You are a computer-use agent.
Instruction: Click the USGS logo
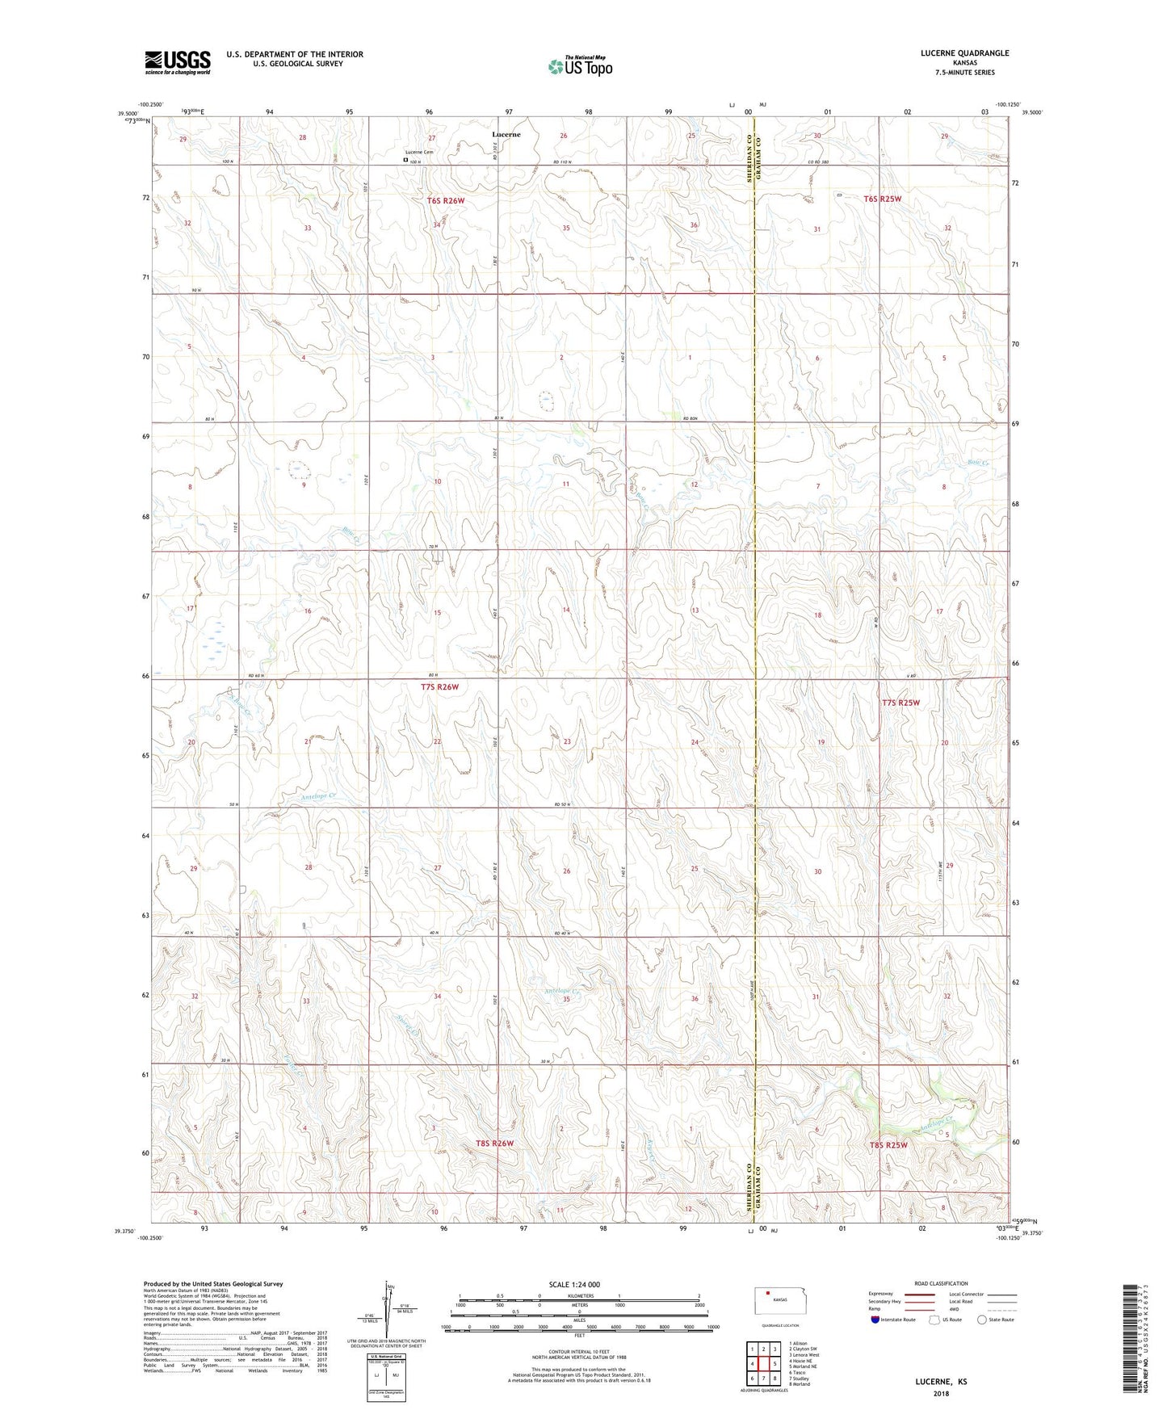tap(178, 62)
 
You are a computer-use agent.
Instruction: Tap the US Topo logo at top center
tap(579, 66)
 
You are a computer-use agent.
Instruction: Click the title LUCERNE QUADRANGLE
tap(964, 53)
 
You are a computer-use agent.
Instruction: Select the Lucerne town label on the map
tap(506, 134)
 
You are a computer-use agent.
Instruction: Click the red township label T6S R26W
tap(446, 200)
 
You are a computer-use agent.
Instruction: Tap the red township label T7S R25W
tap(900, 703)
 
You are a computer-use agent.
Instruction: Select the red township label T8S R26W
tap(494, 1144)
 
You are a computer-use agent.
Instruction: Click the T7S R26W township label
tap(439, 687)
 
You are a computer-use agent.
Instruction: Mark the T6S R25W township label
tap(882, 199)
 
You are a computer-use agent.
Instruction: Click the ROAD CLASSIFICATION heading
tap(941, 1283)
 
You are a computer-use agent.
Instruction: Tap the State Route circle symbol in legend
tap(981, 1320)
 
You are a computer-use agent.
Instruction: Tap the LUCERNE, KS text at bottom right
tap(941, 1382)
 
